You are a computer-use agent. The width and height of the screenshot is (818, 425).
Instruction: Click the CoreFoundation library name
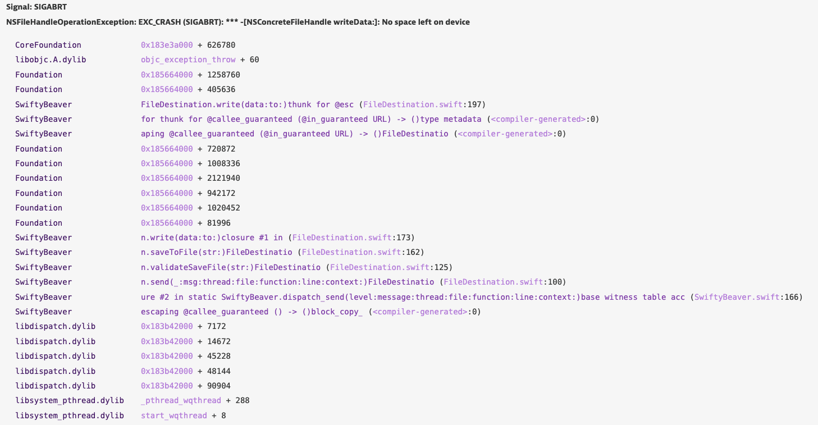pyautogui.click(x=48, y=45)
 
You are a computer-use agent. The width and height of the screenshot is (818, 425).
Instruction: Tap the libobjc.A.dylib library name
pyautogui.click(x=51, y=60)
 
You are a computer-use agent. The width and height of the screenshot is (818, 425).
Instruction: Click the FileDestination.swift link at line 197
pyautogui.click(x=412, y=104)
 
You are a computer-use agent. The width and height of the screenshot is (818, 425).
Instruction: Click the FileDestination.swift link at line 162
pyautogui.click(x=351, y=252)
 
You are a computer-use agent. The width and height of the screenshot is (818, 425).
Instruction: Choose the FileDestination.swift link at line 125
pyautogui.click(x=380, y=267)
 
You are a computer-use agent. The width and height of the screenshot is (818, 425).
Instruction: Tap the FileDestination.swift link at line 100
pyautogui.click(x=493, y=282)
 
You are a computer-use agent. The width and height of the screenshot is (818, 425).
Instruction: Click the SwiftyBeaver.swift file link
pyautogui.click(x=737, y=297)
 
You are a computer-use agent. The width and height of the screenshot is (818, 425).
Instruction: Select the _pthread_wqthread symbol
pyautogui.click(x=181, y=401)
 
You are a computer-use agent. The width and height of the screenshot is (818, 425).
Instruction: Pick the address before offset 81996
pyautogui.click(x=167, y=223)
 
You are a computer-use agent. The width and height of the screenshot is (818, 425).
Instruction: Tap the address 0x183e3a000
pyautogui.click(x=167, y=45)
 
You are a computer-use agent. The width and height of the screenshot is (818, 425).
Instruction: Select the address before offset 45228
pyautogui.click(x=167, y=356)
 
